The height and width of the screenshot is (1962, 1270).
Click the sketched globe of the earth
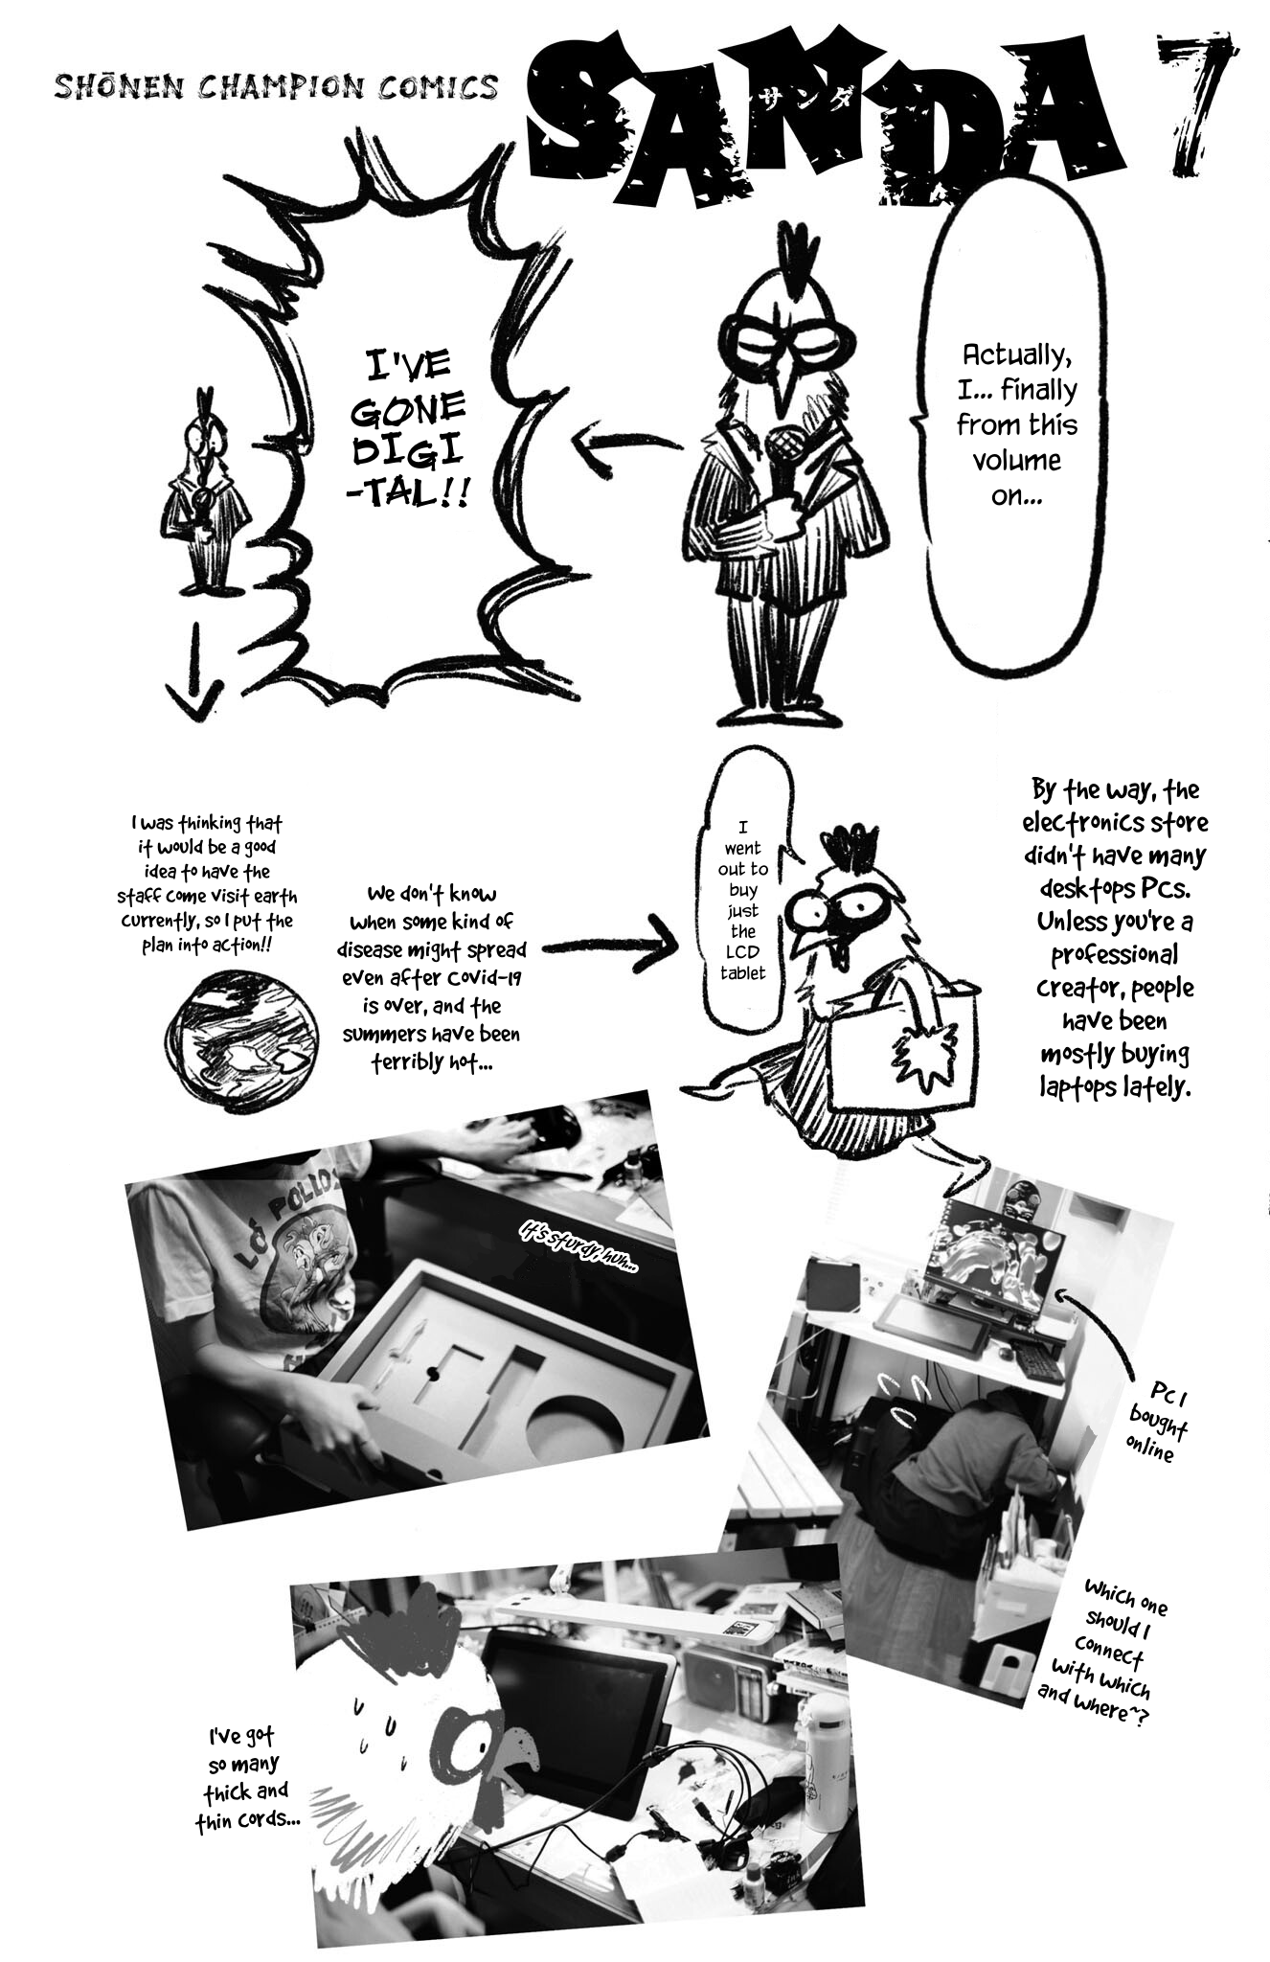coord(240,1039)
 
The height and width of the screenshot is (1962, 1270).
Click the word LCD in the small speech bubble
coord(743,952)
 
